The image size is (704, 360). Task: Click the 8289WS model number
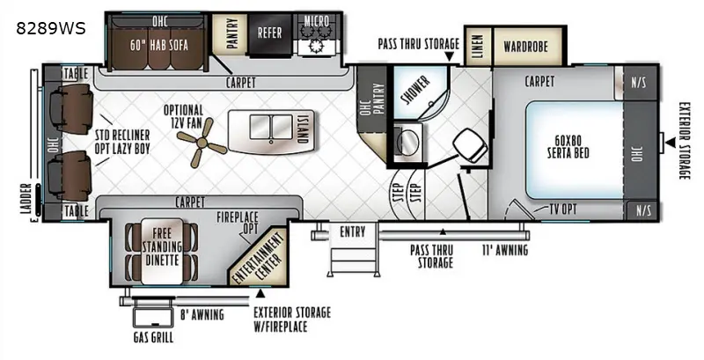pyautogui.click(x=51, y=29)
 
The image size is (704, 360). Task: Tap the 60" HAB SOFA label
pyautogui.click(x=159, y=45)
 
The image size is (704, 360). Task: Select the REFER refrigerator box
pyautogui.click(x=270, y=34)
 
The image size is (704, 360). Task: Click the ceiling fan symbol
pyautogui.click(x=202, y=143)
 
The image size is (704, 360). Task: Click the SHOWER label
pyautogui.click(x=415, y=90)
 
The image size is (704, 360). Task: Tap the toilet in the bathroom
pyautogui.click(x=470, y=145)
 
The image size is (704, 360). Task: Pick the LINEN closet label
pyautogui.click(x=478, y=47)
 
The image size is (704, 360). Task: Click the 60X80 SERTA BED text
pyautogui.click(x=568, y=147)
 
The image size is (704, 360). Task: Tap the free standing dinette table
pyautogui.click(x=162, y=252)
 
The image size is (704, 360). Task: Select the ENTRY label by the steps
pyautogui.click(x=353, y=232)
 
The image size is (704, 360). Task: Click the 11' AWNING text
pyautogui.click(x=504, y=250)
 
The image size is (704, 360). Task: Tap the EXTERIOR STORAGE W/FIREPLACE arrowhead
pyautogui.click(x=260, y=294)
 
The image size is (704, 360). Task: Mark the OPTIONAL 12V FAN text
pyautogui.click(x=183, y=116)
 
